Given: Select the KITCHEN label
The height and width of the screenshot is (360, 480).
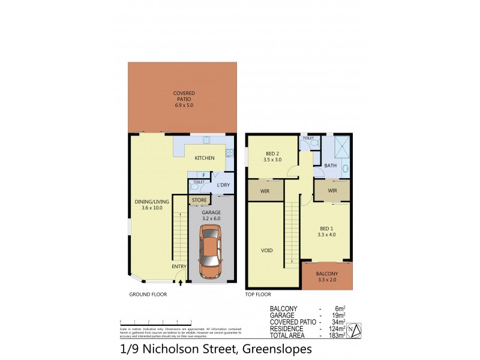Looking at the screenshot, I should pyautogui.click(x=205, y=158).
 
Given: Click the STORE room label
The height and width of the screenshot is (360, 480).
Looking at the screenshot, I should pyautogui.click(x=199, y=200).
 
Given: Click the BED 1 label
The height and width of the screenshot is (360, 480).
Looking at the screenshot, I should pyautogui.click(x=326, y=228).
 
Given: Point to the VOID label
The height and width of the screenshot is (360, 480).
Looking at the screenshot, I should pyautogui.click(x=267, y=251).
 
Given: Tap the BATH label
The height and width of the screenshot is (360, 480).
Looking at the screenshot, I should pyautogui.click(x=330, y=166).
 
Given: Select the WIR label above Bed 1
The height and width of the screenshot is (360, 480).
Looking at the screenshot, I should pyautogui.click(x=333, y=191).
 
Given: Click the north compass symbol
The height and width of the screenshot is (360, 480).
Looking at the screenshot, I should pyautogui.click(x=355, y=330).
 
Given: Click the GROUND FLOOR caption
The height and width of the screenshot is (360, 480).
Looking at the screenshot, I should pyautogui.click(x=148, y=295).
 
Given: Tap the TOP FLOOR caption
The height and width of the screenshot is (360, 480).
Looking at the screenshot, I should pyautogui.click(x=259, y=295).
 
